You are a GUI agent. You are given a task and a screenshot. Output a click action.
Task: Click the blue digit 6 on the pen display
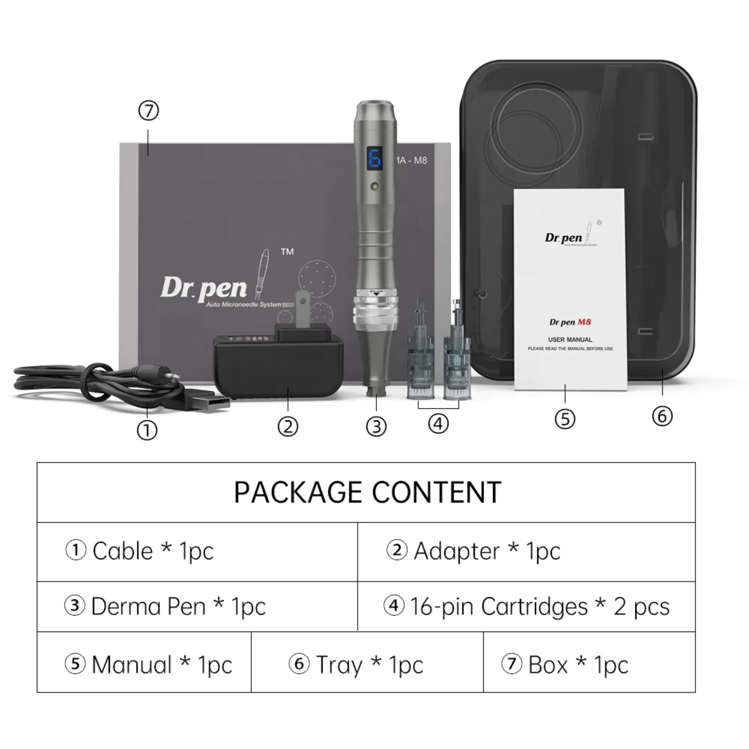[x=374, y=159]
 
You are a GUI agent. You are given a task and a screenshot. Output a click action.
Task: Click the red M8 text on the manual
[x=584, y=322]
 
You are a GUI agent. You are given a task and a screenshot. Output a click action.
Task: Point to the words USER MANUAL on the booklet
[x=570, y=340]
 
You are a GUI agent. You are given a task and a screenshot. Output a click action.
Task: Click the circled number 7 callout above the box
[x=148, y=110]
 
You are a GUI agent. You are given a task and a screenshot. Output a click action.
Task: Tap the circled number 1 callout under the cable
[x=147, y=430]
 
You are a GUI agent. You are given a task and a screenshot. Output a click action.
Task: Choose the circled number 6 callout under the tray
[x=662, y=416]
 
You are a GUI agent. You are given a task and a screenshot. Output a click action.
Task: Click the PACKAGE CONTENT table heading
[x=367, y=492]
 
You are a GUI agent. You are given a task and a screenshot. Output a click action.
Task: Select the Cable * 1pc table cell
[x=197, y=551]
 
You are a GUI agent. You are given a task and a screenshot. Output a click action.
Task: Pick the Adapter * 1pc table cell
[x=526, y=551]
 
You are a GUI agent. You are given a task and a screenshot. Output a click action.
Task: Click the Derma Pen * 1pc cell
[x=197, y=607]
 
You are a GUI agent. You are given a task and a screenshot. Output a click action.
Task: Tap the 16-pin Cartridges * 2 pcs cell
[x=526, y=607]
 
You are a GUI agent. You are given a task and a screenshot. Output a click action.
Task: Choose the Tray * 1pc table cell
[x=367, y=664]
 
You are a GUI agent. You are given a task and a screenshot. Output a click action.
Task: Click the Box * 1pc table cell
[x=589, y=664]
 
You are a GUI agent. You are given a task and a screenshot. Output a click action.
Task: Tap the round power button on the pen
[x=374, y=186]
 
